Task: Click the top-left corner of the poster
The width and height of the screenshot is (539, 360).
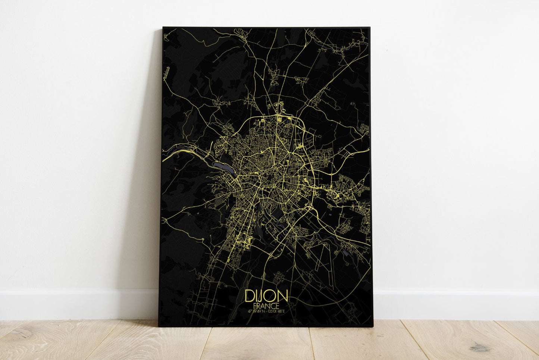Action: tap(163, 28)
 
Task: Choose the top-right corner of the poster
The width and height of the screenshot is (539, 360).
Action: tap(369, 28)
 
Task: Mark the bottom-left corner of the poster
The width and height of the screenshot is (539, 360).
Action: tap(159, 326)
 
